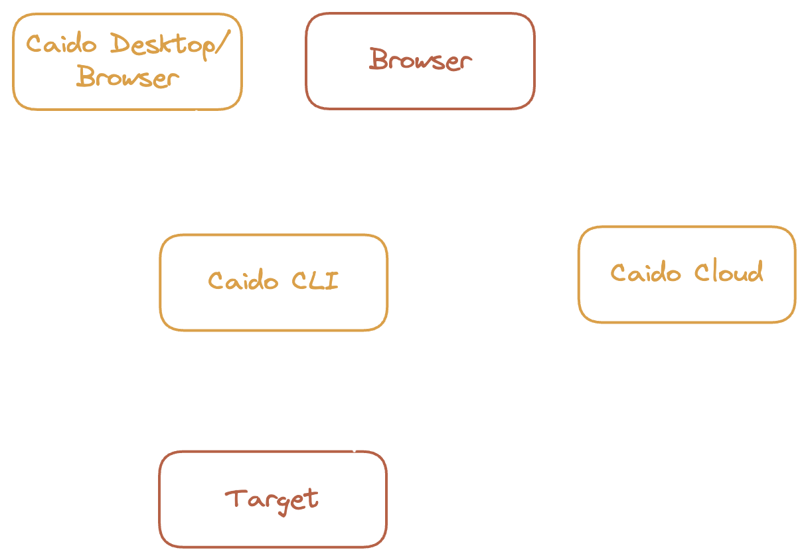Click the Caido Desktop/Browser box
pyautogui.click(x=127, y=61)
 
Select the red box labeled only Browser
pyautogui.click(x=420, y=60)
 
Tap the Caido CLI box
pyautogui.click(x=273, y=282)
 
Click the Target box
pyautogui.click(x=272, y=499)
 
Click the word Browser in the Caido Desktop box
pyautogui.click(x=127, y=78)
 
